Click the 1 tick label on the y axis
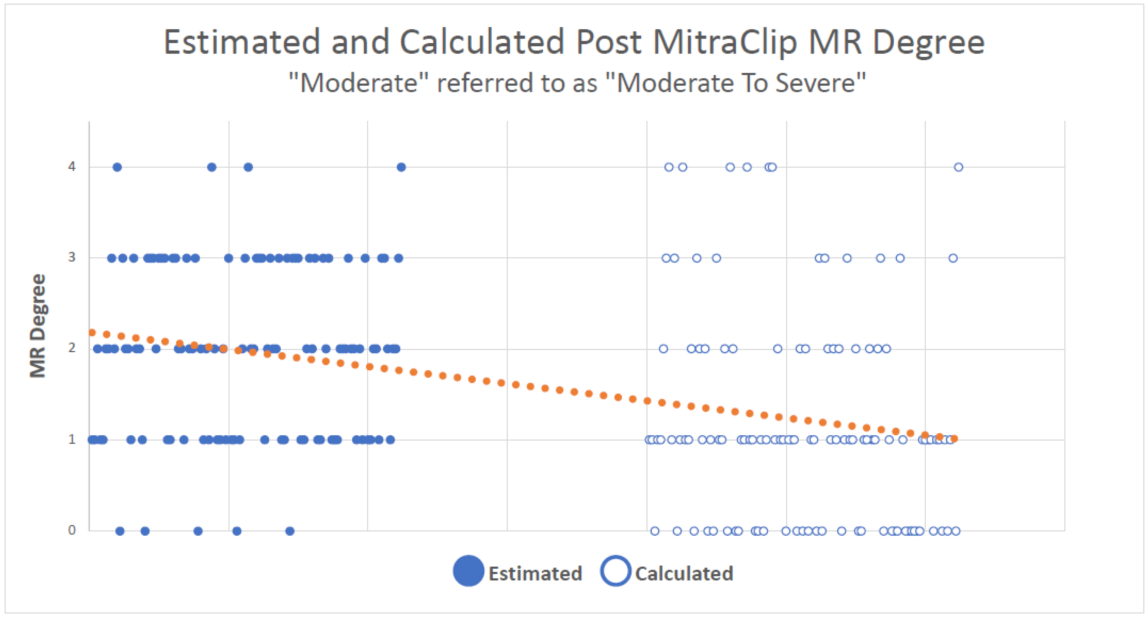72,439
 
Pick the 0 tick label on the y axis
72,530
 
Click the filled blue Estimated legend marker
468,571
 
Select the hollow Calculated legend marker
615,571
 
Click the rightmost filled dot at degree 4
401,167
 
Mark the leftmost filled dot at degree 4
117,167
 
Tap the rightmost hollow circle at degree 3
953,258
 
